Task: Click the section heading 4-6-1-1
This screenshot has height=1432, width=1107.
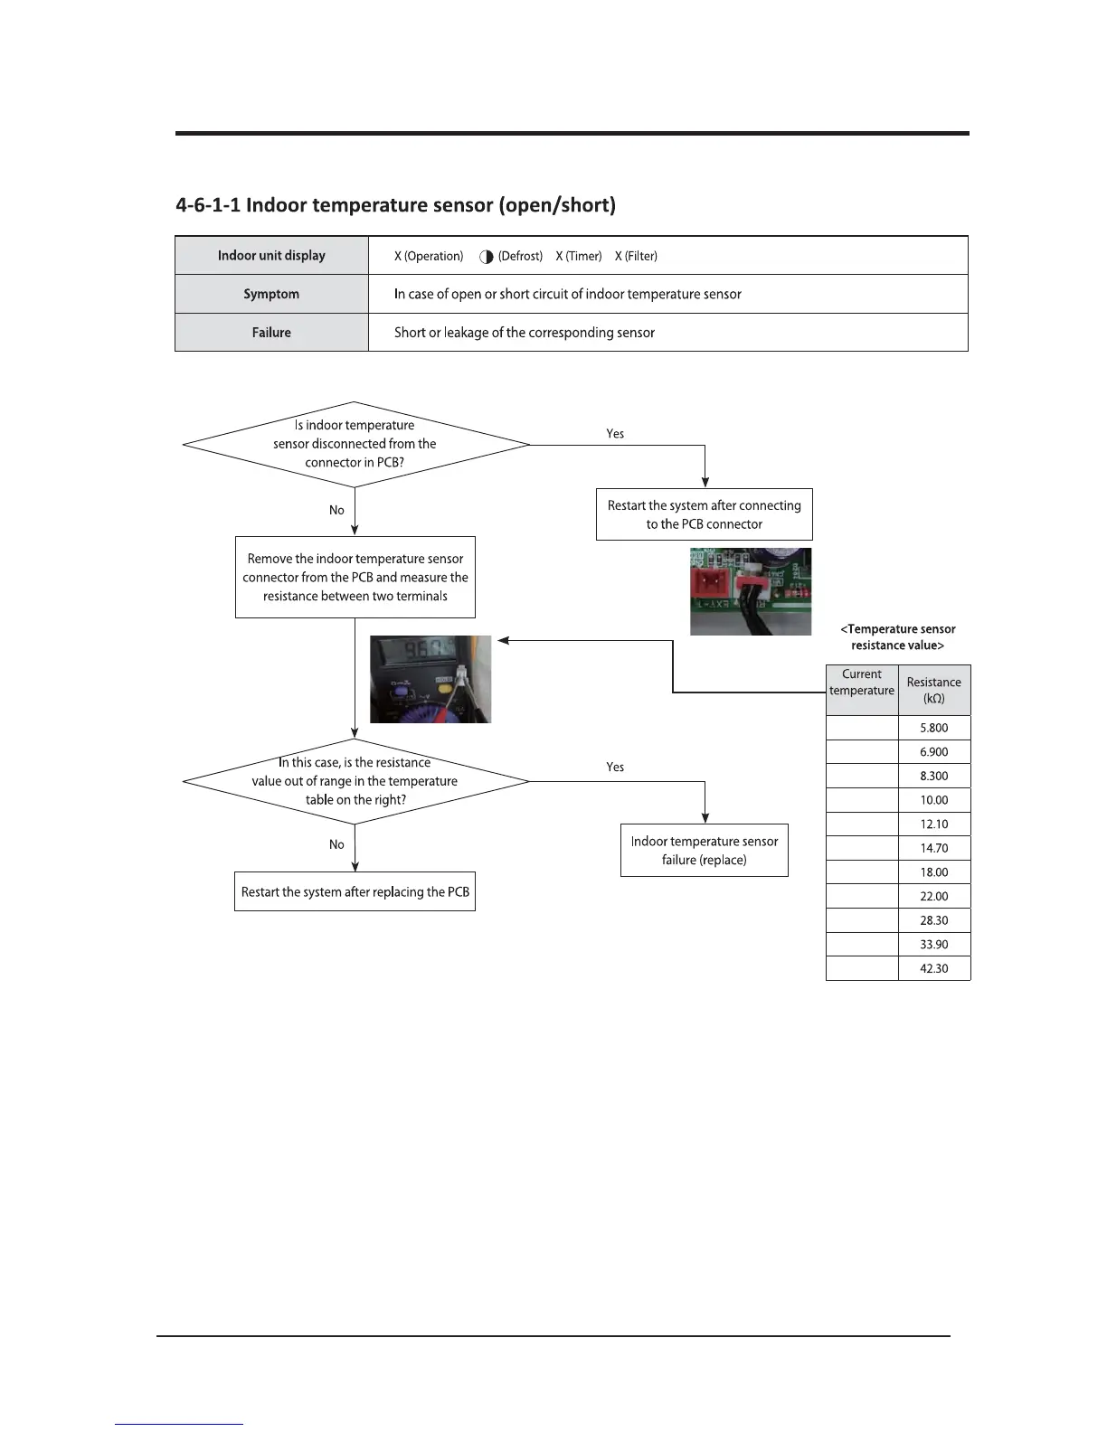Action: pyautogui.click(x=395, y=205)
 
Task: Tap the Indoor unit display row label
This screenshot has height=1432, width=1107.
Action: pyautogui.click(x=271, y=256)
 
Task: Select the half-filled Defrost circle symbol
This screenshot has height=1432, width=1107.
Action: pyautogui.click(x=487, y=257)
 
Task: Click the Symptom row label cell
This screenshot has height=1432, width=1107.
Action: pyautogui.click(x=271, y=294)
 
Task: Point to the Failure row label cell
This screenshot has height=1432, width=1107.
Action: pyautogui.click(x=271, y=333)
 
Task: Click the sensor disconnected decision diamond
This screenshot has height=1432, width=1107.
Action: pyautogui.click(x=355, y=444)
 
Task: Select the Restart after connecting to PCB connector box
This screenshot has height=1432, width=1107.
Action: pyautogui.click(x=704, y=514)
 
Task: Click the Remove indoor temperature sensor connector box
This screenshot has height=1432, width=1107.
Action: pyautogui.click(x=355, y=578)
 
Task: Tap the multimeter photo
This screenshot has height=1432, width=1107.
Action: pyautogui.click(x=430, y=679)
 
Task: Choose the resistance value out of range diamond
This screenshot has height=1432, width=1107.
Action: pyautogui.click(x=355, y=781)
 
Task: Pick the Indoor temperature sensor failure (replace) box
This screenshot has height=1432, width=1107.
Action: pyautogui.click(x=704, y=850)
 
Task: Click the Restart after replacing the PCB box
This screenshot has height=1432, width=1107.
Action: pyautogui.click(x=355, y=891)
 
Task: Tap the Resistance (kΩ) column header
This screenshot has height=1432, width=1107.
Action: pyautogui.click(x=933, y=691)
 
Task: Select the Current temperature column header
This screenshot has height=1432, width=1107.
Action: pyautogui.click(x=861, y=683)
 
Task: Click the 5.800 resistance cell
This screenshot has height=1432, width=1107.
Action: pyautogui.click(x=933, y=728)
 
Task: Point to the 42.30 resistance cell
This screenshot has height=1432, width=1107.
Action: pyautogui.click(x=933, y=968)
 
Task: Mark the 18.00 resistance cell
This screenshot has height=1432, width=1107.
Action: pyautogui.click(x=933, y=872)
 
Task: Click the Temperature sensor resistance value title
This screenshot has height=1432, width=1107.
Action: pyautogui.click(x=897, y=636)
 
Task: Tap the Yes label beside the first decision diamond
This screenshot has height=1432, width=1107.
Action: pyautogui.click(x=615, y=434)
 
